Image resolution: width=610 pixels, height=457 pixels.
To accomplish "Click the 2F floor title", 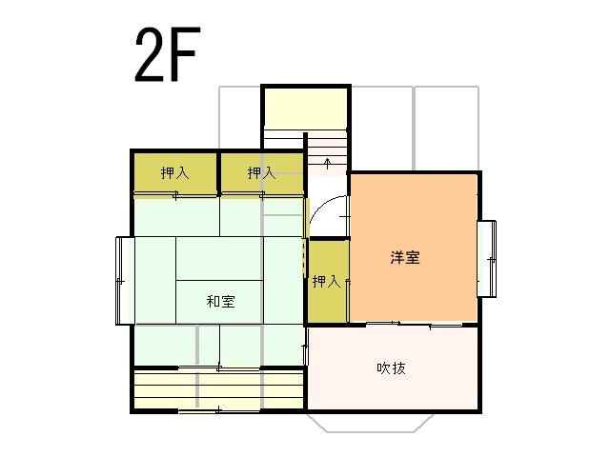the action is [168, 54].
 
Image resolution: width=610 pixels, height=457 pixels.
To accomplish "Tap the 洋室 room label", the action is [405, 258].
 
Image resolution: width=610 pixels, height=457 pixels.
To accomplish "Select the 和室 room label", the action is [220, 302].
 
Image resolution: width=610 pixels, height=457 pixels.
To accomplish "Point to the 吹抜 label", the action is [391, 368].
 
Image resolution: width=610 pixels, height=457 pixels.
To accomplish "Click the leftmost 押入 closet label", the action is [175, 172].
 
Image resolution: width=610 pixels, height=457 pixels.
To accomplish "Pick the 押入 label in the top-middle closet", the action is [262, 172].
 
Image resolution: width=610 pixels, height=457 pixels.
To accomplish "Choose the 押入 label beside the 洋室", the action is [326, 282].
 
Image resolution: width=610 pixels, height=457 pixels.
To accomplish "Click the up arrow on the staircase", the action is [328, 163].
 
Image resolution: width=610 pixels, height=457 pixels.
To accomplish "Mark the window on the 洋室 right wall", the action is [487, 259].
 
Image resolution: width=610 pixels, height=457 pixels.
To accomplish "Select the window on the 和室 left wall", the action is [125, 281].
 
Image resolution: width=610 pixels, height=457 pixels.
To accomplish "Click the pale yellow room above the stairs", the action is [306, 107].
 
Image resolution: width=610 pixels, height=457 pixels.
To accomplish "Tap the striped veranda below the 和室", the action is [218, 388].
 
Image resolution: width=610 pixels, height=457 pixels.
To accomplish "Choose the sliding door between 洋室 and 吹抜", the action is [414, 324].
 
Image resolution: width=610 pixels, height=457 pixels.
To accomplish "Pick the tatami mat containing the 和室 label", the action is [219, 302].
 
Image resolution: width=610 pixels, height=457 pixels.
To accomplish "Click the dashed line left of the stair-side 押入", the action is [304, 257].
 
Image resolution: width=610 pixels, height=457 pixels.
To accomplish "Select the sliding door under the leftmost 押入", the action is [175, 194].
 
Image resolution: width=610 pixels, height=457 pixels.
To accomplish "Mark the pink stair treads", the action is [327, 153].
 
